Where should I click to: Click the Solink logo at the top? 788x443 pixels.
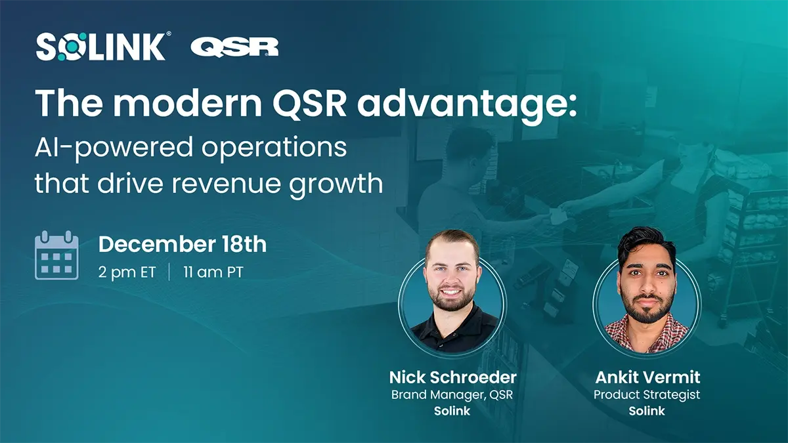102,47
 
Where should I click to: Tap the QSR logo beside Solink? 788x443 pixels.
234,47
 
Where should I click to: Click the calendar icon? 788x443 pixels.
56,255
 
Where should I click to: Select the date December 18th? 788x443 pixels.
182,245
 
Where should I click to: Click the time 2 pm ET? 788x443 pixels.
127,272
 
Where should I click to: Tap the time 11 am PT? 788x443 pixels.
213,272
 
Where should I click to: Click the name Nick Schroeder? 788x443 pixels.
452,377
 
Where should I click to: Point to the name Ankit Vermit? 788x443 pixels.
647,377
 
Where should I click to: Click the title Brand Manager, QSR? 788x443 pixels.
452,394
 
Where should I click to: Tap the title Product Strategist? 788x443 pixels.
647,394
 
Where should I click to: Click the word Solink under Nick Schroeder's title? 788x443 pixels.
452,411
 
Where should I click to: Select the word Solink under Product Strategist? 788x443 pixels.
647,411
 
